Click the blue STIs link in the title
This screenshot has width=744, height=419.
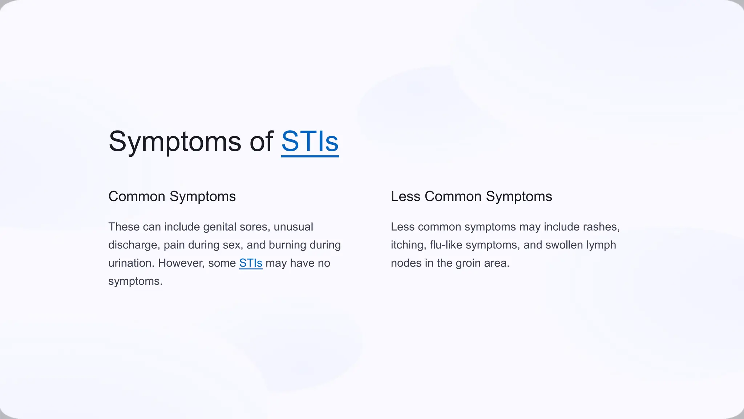[310, 141]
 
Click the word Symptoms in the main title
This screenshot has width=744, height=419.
[175, 141]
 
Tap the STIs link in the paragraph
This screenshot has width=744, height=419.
[251, 263]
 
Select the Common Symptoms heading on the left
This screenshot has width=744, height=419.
[172, 196]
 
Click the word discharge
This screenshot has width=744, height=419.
[134, 245]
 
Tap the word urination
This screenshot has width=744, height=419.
[131, 263]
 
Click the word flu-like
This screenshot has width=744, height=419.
[446, 245]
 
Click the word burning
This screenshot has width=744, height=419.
[287, 245]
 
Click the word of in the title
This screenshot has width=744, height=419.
[262, 141]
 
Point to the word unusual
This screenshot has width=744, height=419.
[293, 227]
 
